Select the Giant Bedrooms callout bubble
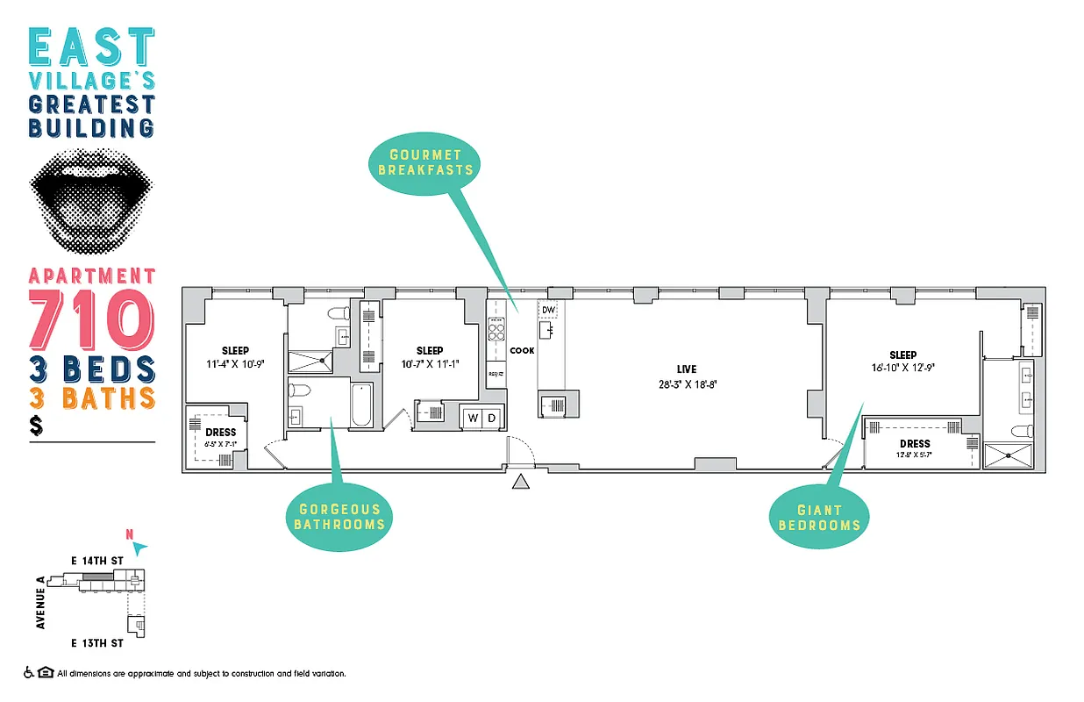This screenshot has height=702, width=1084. (x=819, y=517)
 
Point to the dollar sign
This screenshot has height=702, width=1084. (x=36, y=426)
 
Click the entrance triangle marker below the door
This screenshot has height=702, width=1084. (x=521, y=481)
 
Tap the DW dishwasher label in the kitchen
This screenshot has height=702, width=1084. (x=548, y=310)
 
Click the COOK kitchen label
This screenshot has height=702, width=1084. (x=522, y=350)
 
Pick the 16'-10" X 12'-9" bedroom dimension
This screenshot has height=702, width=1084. (x=902, y=369)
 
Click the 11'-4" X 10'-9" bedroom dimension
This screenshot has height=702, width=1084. (x=235, y=363)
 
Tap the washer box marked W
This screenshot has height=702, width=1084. (x=474, y=418)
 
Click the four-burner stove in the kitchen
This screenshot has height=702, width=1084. (x=496, y=331)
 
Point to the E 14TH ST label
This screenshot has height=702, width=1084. (x=97, y=559)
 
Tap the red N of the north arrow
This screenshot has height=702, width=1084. (x=130, y=534)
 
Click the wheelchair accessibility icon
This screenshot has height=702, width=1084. (x=29, y=673)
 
